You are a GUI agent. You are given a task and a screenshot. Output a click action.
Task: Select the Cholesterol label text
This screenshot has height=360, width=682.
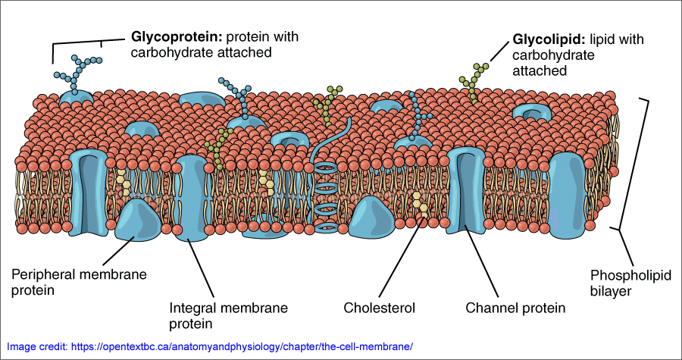(380, 308)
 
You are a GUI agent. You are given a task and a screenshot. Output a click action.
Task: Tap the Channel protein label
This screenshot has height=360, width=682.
(515, 308)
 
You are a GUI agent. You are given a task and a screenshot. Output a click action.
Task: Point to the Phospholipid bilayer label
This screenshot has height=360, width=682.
(621, 282)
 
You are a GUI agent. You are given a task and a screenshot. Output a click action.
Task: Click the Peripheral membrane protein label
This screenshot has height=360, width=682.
(80, 282)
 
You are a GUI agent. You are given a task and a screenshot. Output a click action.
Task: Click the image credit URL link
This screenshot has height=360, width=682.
(242, 346)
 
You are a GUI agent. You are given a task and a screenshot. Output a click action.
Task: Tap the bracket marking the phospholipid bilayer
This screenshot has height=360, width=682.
(646, 163)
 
